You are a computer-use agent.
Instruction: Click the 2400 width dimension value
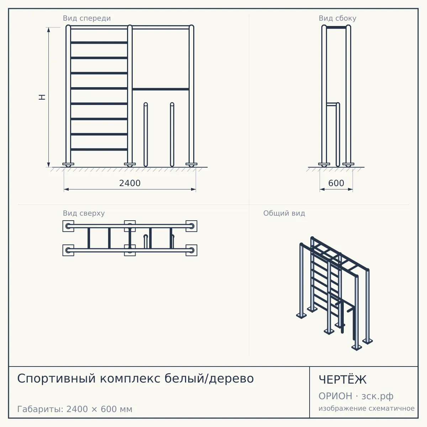[130, 183]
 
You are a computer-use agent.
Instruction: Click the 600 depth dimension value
[336, 183]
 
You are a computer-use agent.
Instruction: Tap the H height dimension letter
[42, 97]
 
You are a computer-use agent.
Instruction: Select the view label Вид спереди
[87, 18]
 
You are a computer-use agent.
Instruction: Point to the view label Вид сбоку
[337, 18]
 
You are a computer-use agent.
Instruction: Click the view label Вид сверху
[84, 213]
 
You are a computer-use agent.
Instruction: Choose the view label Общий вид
[284, 213]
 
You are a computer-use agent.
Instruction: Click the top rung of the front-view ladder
[99, 43]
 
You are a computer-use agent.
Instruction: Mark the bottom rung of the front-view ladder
[99, 149]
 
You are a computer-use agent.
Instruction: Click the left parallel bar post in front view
[146, 135]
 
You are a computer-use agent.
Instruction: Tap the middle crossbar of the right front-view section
[160, 89]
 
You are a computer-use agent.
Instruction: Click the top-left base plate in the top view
[68, 226]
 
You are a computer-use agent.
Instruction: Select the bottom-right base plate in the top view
[191, 251]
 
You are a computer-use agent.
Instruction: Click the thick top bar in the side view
[336, 27]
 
